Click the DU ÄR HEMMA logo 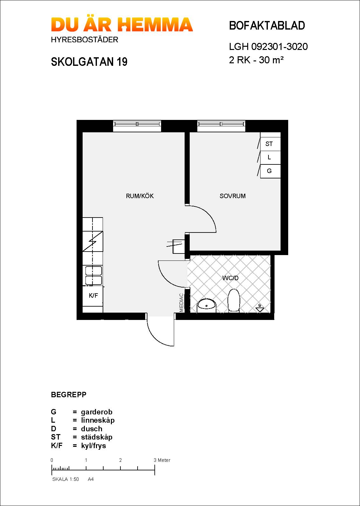122,25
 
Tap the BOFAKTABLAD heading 267,26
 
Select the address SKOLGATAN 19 89,62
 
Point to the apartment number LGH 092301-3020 268,47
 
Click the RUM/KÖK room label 140,196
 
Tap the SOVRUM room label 233,196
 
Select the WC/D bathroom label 230,278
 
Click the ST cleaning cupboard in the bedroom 270,144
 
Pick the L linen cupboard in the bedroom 270,157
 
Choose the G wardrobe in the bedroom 270,171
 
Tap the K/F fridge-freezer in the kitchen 93,296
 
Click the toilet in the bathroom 234,301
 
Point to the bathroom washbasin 207,306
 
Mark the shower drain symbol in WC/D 260,308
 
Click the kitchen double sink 93,275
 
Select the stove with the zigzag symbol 93,241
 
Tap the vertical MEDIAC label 181,302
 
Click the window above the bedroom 221,126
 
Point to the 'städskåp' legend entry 97,437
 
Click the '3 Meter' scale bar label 162,460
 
